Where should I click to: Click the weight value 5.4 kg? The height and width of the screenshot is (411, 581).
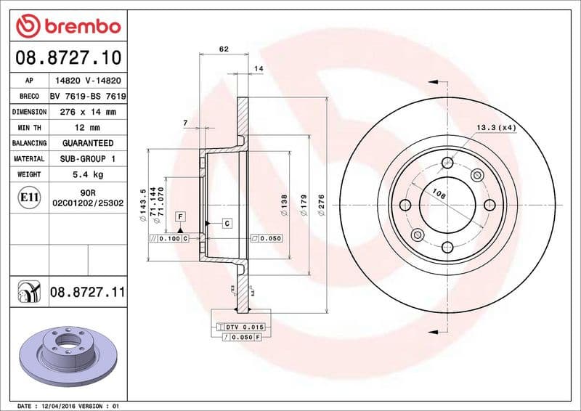click(87, 174)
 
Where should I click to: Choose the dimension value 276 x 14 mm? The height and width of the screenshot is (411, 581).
click(87, 112)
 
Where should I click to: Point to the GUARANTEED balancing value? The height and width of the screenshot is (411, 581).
click(87, 143)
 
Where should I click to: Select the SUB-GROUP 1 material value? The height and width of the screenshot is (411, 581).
click(87, 158)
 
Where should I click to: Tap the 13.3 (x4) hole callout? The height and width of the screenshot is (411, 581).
click(495, 128)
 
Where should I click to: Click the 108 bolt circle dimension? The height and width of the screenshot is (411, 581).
click(439, 194)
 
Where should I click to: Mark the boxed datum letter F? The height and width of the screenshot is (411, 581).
click(179, 216)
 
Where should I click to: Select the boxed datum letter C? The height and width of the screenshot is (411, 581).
click(227, 223)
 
